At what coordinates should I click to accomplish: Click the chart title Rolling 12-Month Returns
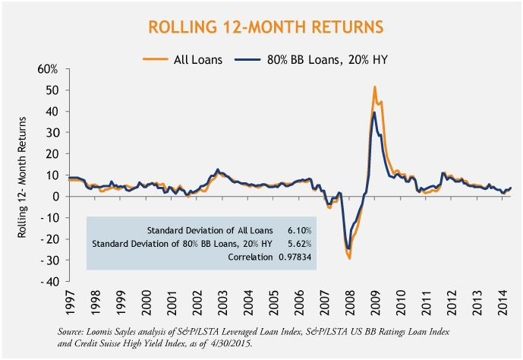click(x=261, y=28)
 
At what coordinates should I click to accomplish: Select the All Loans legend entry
click(x=197, y=58)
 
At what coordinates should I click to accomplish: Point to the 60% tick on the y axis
click(x=48, y=69)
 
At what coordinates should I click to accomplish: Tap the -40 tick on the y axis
click(x=51, y=282)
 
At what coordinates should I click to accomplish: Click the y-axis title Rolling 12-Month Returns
click(x=26, y=175)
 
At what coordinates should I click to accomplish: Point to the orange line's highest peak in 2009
click(x=375, y=87)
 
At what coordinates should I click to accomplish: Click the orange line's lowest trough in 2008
click(x=350, y=259)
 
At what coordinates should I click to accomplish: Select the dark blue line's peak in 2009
click(x=374, y=112)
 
